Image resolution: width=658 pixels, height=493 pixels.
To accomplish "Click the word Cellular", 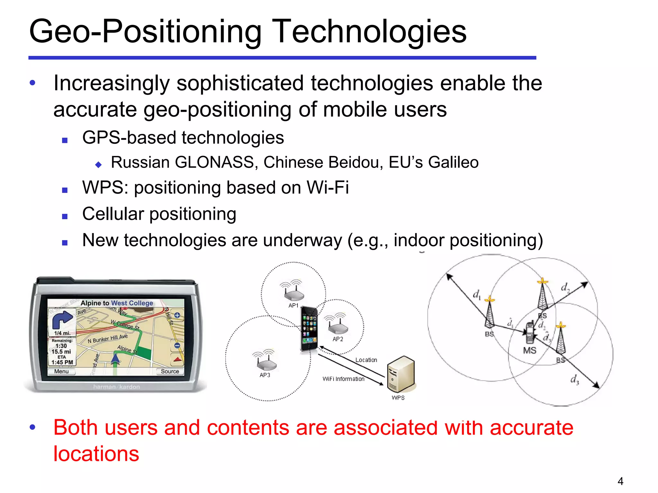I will pos(113,214).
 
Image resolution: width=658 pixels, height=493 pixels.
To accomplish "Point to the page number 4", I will pos(620,481).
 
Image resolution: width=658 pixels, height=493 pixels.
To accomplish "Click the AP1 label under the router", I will pos(293,306).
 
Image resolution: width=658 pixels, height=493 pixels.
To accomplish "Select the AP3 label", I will pos(265,375).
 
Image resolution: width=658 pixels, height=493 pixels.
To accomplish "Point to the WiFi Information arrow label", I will pos(343,379).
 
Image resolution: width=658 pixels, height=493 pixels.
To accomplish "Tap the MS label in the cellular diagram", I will pos(529,350).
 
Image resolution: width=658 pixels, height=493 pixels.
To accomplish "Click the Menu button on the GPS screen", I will pos(61,371).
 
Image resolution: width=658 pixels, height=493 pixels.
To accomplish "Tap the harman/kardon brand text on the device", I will pos(116,387).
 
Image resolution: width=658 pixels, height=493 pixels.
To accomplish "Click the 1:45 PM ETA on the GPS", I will pos(62,362).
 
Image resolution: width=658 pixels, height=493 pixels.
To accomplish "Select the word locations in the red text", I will pos(96,454).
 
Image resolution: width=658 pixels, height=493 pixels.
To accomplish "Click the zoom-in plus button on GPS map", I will pos(177,315).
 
